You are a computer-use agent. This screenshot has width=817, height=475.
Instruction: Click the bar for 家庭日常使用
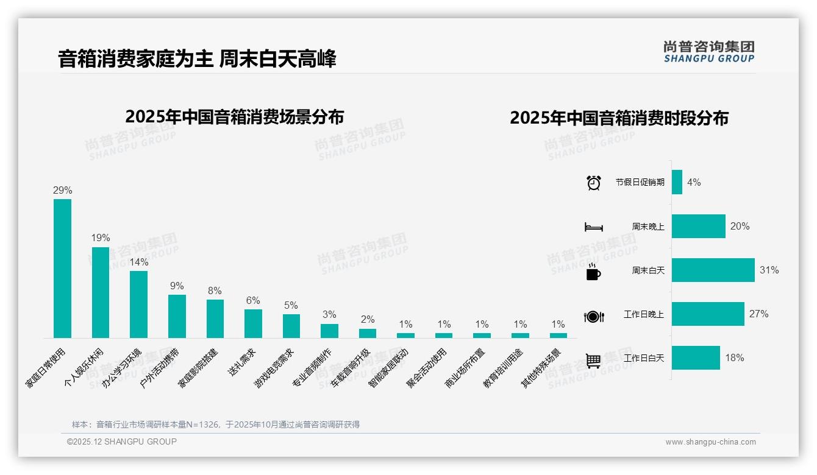tap(62, 268)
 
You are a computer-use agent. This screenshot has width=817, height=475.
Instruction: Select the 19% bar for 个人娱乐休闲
tap(101, 292)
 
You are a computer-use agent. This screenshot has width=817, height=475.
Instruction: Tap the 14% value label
tap(139, 262)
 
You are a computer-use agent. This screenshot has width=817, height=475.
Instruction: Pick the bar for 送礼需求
tap(253, 323)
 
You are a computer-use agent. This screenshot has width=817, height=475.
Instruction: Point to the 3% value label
tap(329, 314)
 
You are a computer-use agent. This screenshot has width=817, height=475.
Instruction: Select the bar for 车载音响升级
tap(368, 333)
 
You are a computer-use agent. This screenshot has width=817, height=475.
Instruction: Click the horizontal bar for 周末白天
tap(713, 270)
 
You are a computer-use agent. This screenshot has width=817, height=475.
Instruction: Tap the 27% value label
tap(759, 314)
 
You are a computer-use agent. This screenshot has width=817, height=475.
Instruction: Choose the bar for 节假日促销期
tap(677, 182)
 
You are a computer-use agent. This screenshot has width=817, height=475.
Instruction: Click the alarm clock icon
tap(594, 183)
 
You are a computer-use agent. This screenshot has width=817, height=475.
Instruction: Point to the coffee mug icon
tap(593, 272)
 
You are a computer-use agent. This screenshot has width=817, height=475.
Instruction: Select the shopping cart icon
tap(593, 361)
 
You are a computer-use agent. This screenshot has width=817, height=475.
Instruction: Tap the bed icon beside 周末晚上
tap(594, 227)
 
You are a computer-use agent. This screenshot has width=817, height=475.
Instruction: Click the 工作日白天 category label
tap(644, 358)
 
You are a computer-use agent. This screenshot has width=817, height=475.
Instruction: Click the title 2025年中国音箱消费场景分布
tap(235, 116)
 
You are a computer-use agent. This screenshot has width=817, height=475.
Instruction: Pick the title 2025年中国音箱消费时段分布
tap(619, 118)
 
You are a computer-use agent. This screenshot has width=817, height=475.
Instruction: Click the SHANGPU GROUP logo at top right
tap(709, 52)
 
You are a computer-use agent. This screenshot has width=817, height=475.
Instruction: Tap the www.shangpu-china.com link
tap(710, 442)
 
